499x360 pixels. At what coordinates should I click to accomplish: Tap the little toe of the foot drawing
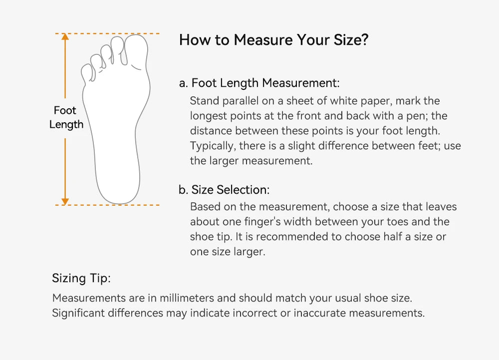(x=88, y=72)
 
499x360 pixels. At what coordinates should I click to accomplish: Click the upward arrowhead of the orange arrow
(x=65, y=37)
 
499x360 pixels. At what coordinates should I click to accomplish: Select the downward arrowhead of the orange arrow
(x=65, y=202)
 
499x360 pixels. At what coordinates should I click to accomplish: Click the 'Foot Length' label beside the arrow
(x=66, y=117)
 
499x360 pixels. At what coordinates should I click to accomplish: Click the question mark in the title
(x=365, y=40)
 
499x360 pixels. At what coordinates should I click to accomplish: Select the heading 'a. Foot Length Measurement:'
(x=259, y=83)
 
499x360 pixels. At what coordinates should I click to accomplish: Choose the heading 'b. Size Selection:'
(x=224, y=190)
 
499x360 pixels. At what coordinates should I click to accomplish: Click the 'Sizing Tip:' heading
(x=81, y=279)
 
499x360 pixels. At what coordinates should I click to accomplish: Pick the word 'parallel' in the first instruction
(x=241, y=101)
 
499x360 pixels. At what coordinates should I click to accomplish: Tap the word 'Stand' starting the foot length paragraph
(x=204, y=101)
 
